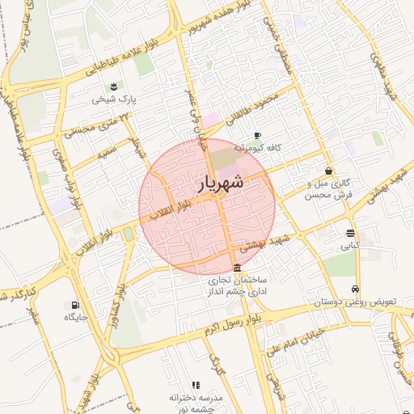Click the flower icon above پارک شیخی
pyautogui.click(x=112, y=87)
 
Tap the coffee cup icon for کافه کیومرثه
pyautogui.click(x=258, y=136)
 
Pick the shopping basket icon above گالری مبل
pyautogui.click(x=328, y=171)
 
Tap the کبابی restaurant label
pyautogui.click(x=350, y=244)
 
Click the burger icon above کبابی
pyautogui.click(x=350, y=233)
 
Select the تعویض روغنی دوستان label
pyautogui.click(x=356, y=302)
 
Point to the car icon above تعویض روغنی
pyautogui.click(x=355, y=289)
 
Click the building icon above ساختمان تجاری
pyautogui.click(x=236, y=268)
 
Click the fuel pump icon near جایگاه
pyautogui.click(x=76, y=306)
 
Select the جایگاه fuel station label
pyautogui.click(x=76, y=318)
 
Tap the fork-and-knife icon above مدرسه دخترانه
pyautogui.click(x=195, y=385)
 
